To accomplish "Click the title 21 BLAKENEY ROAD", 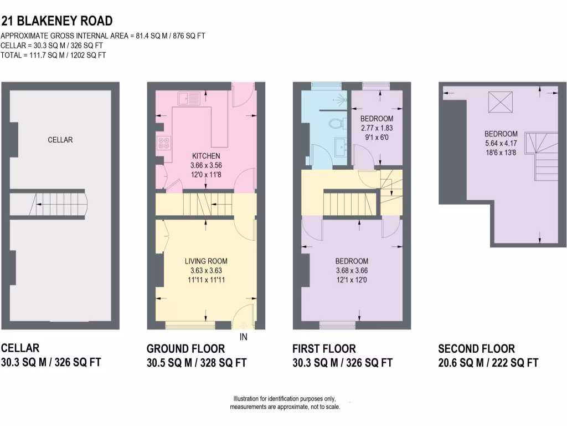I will [57, 21].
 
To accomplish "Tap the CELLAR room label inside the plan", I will [60, 140].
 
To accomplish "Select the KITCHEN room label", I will [206, 156].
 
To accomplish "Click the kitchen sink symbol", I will [189, 99].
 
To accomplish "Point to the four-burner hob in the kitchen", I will [164, 144].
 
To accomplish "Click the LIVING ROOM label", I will [206, 261].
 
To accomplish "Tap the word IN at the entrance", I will [243, 337].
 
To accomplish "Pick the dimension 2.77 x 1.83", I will [377, 128].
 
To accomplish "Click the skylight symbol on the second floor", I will [499, 102].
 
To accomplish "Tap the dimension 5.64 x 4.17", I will [501, 143].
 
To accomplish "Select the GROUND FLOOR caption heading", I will [185, 349].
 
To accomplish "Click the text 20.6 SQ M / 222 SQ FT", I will [488, 363].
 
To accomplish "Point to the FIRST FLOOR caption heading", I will [324, 349].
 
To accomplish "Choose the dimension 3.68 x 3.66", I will [352, 271].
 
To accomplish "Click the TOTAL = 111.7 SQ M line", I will [53, 55].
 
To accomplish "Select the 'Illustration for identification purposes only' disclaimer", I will [285, 399].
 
